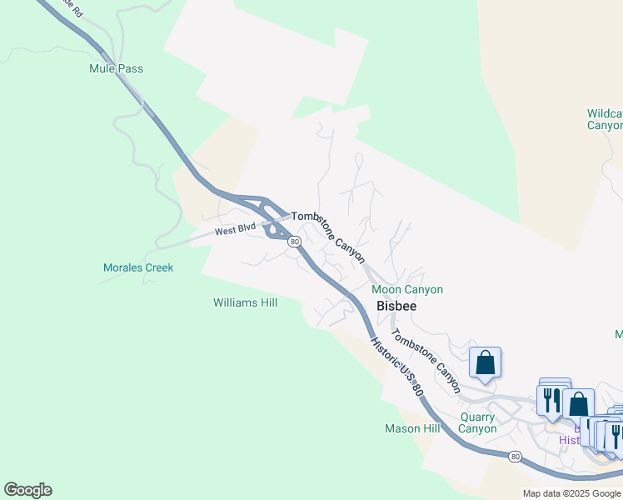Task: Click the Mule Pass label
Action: point(116,68)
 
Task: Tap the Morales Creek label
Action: point(138,267)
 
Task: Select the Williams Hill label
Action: point(245,302)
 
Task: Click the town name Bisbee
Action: point(396,306)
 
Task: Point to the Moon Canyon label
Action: point(407,289)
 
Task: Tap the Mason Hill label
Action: point(411,428)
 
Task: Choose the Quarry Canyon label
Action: point(478,422)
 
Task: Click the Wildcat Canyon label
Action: point(604,119)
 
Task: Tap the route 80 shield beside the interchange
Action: point(294,242)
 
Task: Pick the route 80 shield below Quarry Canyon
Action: point(516,456)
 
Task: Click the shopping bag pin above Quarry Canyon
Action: point(485,364)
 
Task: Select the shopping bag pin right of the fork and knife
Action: point(578,404)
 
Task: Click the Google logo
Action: point(27,490)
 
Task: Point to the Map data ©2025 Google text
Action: point(571,493)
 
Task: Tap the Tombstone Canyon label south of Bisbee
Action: point(426,360)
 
